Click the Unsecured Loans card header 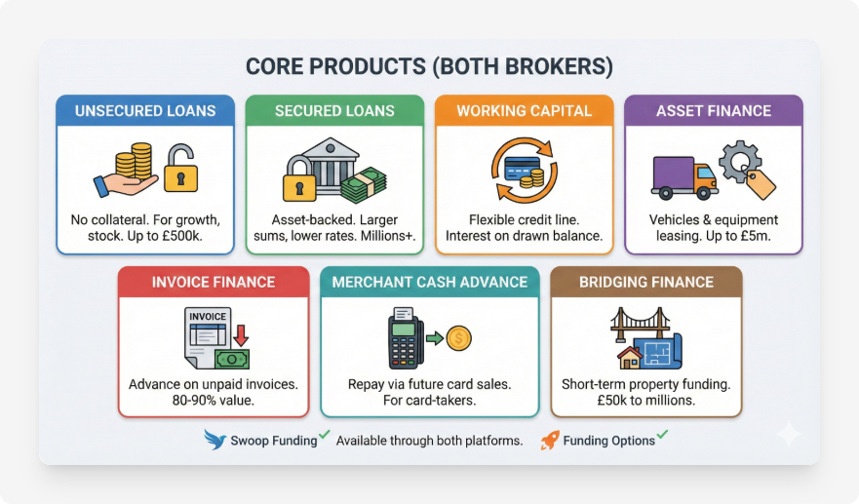coord(144,111)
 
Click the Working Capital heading coord(524,111)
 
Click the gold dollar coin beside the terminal coord(458,338)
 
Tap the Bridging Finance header coord(645,283)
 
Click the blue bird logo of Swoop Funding coord(215,440)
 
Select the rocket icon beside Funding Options coord(550,440)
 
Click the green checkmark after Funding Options coord(662,435)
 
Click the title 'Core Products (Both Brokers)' coord(429,66)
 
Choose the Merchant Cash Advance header coord(429,283)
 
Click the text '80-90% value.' coord(213,401)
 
